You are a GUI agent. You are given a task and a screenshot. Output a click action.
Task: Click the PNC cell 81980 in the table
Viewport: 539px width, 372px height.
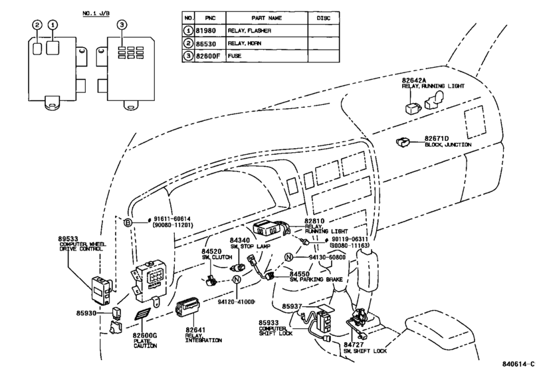pyautogui.click(x=205, y=31)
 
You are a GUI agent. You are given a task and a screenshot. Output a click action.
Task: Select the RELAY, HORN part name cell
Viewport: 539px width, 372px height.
pyautogui.click(x=245, y=43)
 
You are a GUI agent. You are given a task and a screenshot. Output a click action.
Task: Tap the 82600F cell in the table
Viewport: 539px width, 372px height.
pyautogui.click(x=207, y=56)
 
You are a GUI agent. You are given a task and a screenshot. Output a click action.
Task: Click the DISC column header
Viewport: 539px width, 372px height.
pyautogui.click(x=323, y=18)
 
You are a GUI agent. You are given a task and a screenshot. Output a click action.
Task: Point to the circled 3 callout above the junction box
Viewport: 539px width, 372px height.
pyautogui.click(x=122, y=25)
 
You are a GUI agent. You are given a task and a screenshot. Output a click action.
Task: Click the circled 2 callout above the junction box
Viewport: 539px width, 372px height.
pyautogui.click(x=37, y=25)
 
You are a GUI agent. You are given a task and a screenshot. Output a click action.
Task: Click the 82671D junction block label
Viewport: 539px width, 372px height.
pyautogui.click(x=437, y=138)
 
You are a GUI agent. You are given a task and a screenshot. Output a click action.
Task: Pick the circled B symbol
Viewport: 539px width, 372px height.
pyautogui.click(x=128, y=223)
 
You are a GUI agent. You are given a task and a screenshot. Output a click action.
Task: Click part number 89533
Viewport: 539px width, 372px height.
pyautogui.click(x=68, y=238)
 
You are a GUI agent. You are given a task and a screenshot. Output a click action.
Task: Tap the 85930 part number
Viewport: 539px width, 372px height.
pyautogui.click(x=86, y=314)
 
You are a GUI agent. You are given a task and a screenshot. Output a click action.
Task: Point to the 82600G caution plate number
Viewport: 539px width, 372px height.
pyautogui.click(x=145, y=335)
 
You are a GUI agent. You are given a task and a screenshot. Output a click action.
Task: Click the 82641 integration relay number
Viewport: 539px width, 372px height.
pyautogui.click(x=195, y=330)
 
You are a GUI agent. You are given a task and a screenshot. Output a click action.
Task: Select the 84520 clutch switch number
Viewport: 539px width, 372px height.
pyautogui.click(x=212, y=252)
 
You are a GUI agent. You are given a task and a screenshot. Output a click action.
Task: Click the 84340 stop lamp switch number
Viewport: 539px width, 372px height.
pyautogui.click(x=240, y=240)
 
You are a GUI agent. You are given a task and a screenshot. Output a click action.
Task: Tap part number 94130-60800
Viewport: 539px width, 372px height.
pyautogui.click(x=327, y=257)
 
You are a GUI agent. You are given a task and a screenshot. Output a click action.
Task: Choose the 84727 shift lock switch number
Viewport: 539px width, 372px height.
pyautogui.click(x=354, y=345)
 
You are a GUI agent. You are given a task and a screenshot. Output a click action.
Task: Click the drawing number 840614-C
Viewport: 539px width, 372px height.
pyautogui.click(x=518, y=364)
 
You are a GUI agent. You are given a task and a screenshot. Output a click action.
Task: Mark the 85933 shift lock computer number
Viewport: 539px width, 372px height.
pyautogui.click(x=269, y=323)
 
